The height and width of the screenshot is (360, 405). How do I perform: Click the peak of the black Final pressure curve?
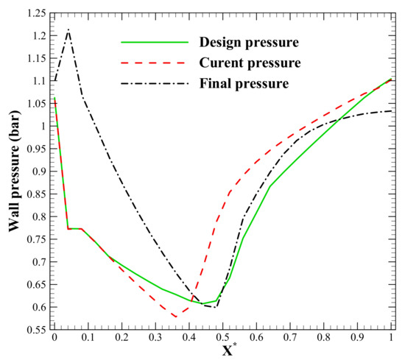coord(68,29)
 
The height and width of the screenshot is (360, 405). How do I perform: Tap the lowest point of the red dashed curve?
coord(175,317)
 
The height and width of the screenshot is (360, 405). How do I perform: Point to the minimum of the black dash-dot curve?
coord(215,307)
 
